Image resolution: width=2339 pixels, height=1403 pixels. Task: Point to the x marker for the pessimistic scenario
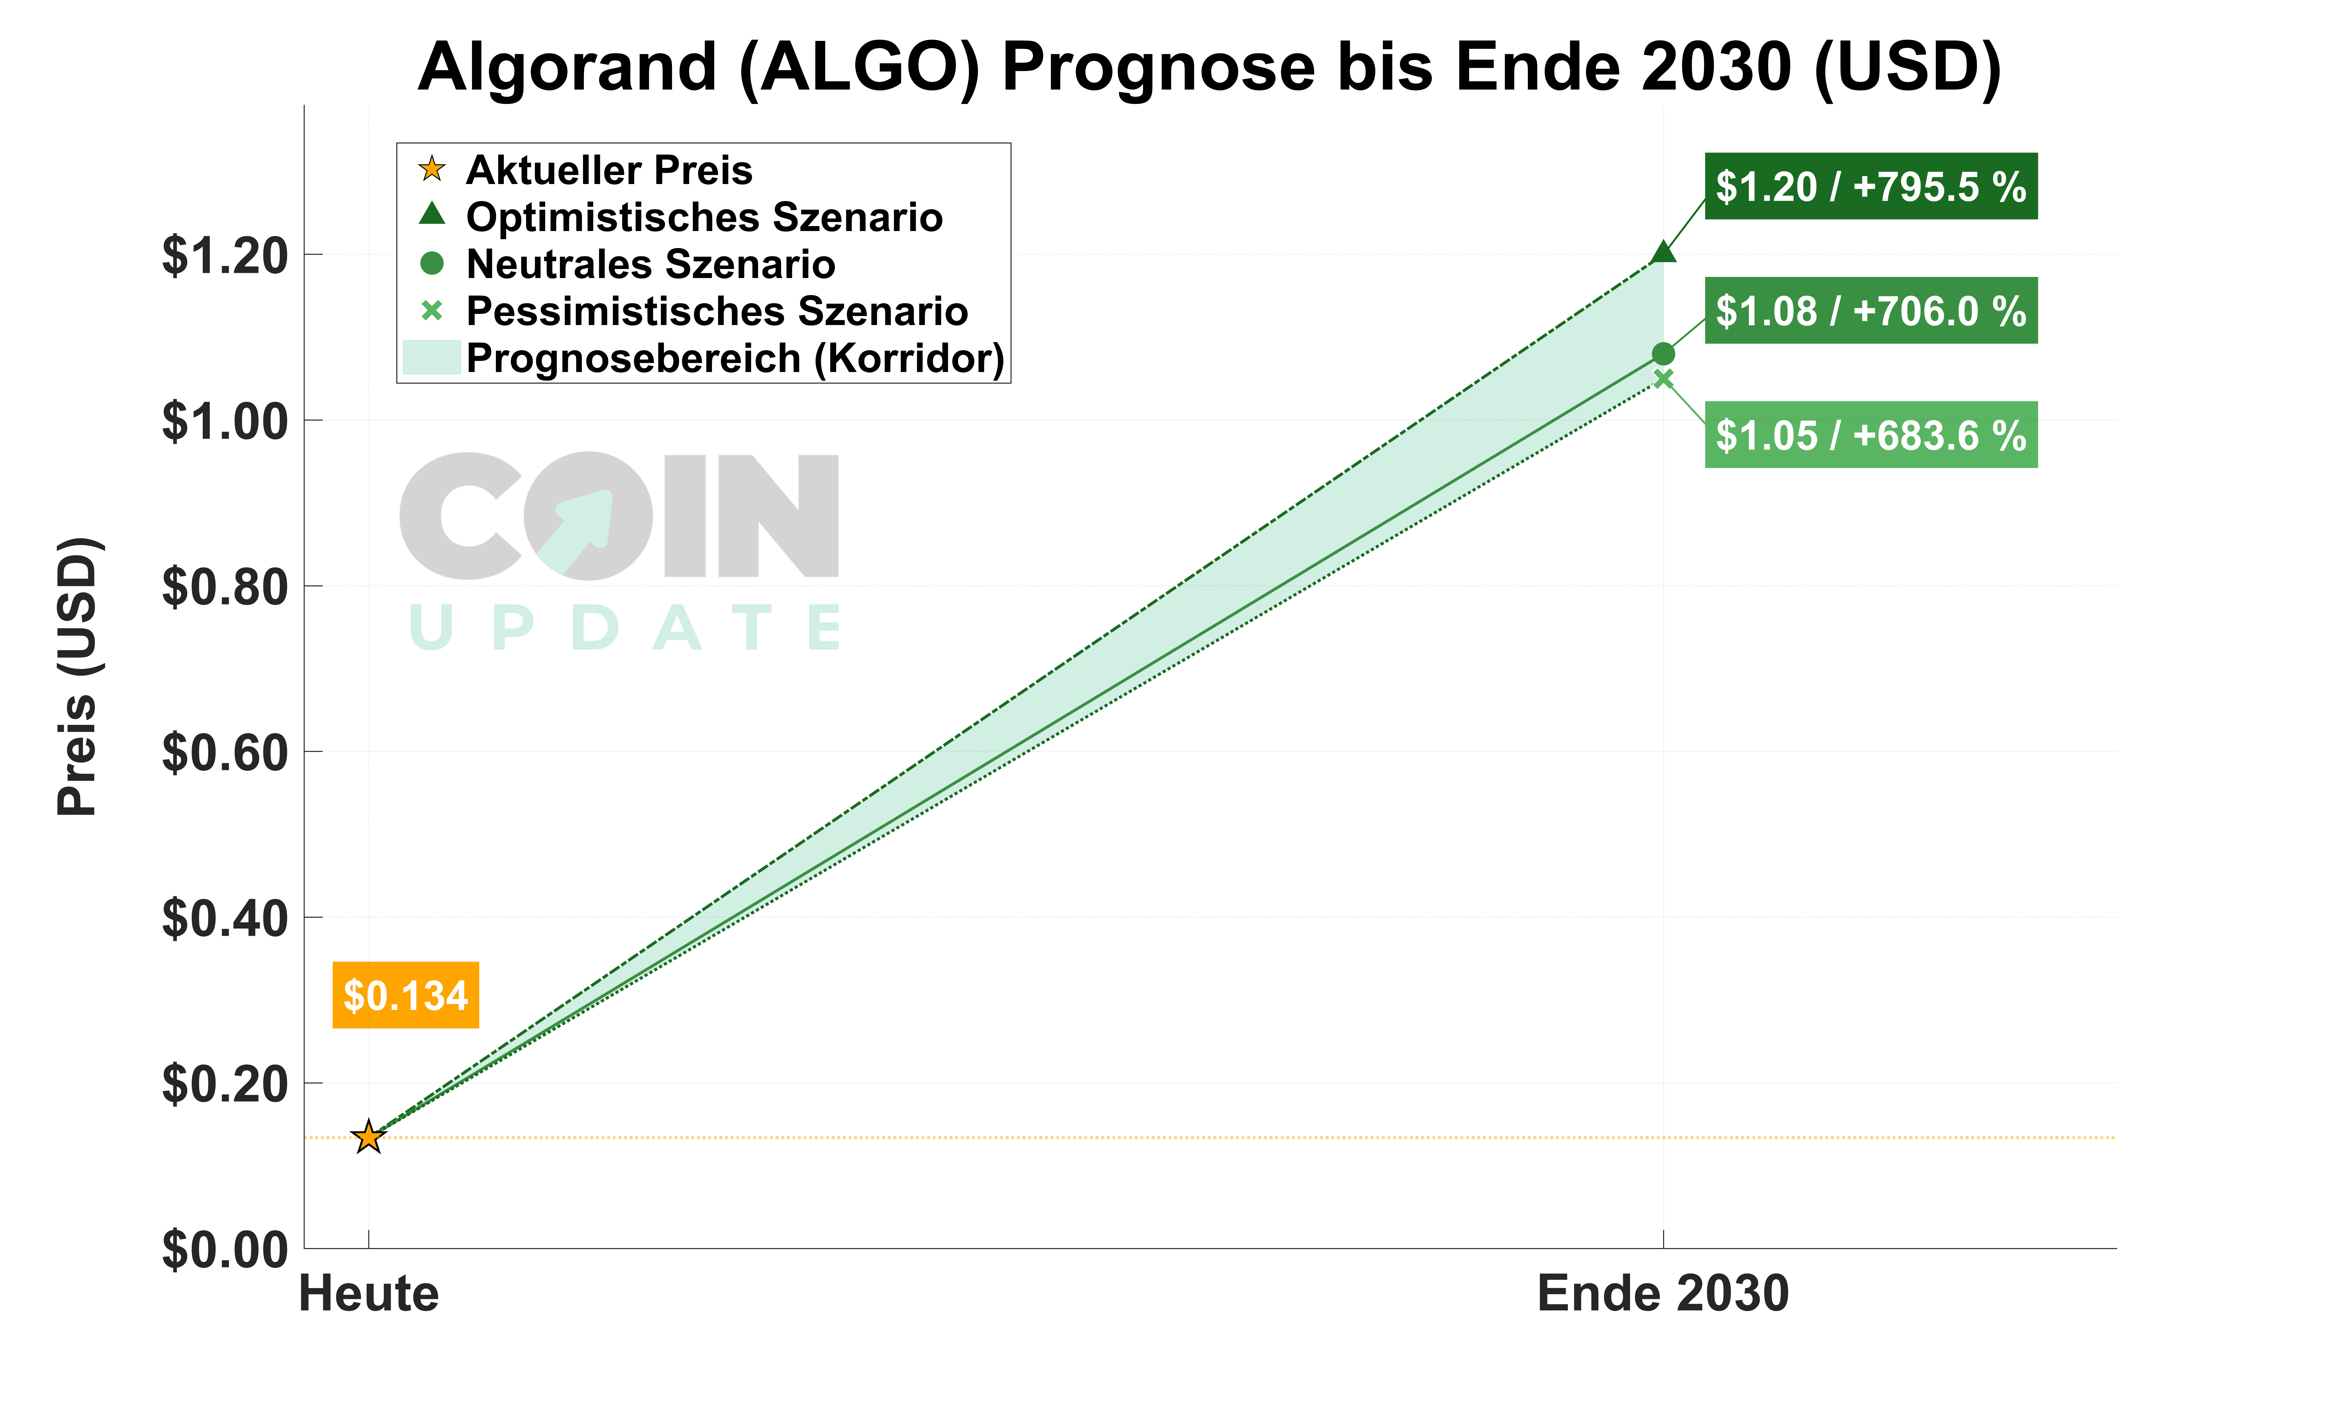click(x=1663, y=379)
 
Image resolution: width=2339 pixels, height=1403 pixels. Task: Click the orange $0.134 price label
click(x=406, y=995)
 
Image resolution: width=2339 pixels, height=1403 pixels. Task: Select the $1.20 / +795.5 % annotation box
click(x=1870, y=186)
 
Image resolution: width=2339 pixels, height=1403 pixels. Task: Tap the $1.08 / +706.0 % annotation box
click(x=1870, y=311)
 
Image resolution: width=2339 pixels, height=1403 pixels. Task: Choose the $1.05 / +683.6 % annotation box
click(x=1870, y=435)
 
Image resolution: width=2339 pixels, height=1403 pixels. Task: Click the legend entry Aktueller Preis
click(x=609, y=170)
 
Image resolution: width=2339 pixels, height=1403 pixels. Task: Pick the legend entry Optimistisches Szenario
click(x=703, y=217)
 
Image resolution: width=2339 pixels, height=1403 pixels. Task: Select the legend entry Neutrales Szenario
click(x=650, y=265)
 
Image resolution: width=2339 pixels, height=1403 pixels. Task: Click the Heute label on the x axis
click(x=369, y=1293)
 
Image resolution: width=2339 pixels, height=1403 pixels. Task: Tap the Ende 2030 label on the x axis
click(x=1663, y=1293)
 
